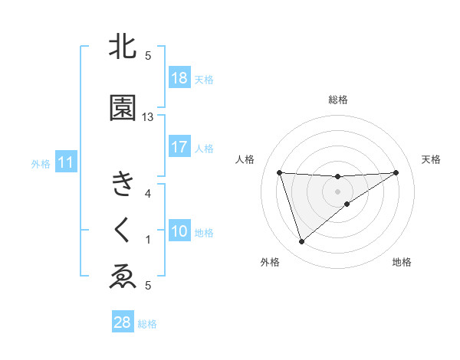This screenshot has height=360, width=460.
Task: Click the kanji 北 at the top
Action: pyautogui.click(x=123, y=47)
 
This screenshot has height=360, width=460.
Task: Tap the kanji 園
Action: pyautogui.click(x=123, y=108)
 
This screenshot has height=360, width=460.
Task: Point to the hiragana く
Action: pyautogui.click(x=123, y=230)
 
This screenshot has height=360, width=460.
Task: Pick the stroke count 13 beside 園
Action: pyautogui.click(x=148, y=117)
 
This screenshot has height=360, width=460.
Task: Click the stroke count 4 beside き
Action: pyautogui.click(x=148, y=194)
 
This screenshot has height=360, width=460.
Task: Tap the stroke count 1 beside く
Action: pyautogui.click(x=148, y=240)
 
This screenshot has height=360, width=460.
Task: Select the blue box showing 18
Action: pyautogui.click(x=179, y=78)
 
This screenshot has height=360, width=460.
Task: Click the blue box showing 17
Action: pyautogui.click(x=179, y=147)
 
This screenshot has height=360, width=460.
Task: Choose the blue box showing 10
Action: pyautogui.click(x=179, y=231)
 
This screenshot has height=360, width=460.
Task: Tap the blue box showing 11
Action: pyautogui.click(x=65, y=162)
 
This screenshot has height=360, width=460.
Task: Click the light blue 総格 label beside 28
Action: pyautogui.click(x=147, y=324)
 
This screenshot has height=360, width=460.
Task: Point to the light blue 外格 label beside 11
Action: pyautogui.click(x=41, y=163)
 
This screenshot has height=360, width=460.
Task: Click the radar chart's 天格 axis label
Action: pyautogui.click(x=431, y=159)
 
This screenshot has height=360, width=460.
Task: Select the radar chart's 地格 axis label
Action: pyautogui.click(x=402, y=263)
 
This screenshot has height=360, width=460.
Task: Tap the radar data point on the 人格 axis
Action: pyautogui.click(x=280, y=172)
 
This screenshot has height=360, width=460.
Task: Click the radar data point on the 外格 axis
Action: pyautogui.click(x=301, y=242)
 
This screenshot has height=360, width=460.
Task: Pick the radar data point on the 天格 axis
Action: pyautogui.click(x=396, y=172)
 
